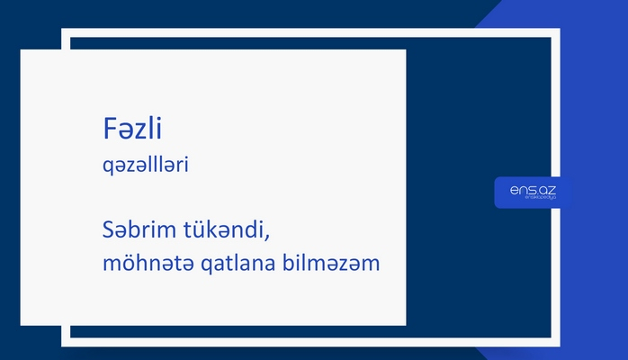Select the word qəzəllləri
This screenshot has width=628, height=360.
(x=145, y=166)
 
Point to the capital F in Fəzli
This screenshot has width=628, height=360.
(x=109, y=130)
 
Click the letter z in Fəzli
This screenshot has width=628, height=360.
(x=136, y=131)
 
